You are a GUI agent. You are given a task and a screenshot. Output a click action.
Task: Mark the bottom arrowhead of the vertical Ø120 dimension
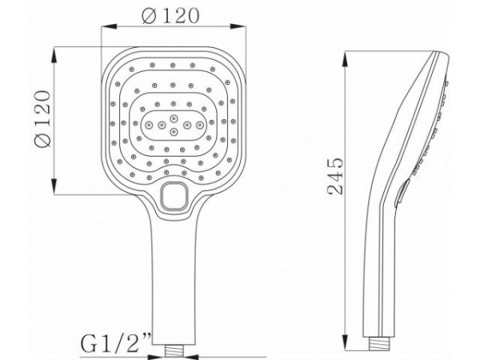55,191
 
